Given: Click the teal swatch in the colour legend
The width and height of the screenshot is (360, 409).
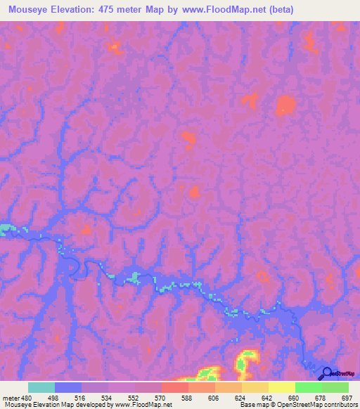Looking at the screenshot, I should click(x=41, y=387).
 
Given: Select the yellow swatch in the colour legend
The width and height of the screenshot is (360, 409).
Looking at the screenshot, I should click(x=281, y=387).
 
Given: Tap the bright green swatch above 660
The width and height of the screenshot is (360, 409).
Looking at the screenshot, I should click(x=308, y=387).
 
